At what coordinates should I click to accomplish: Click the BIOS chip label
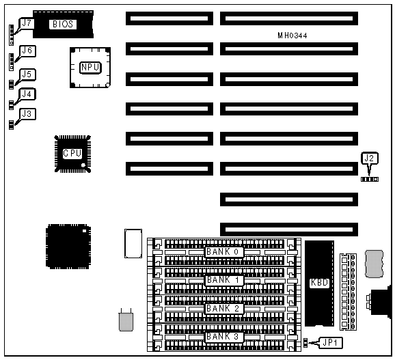coord(63,24)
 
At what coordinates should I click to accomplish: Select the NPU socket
coord(90,68)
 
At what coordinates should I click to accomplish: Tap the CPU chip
coord(72,154)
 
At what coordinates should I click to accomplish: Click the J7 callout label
coord(27,23)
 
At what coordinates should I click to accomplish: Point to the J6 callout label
coord(27,51)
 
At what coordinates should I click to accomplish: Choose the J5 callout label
coord(27,74)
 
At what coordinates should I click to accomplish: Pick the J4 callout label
coord(27,94)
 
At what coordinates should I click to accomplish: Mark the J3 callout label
coord(27,114)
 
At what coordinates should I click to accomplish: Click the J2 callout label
coord(369,158)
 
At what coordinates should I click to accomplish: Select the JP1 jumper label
coord(330,343)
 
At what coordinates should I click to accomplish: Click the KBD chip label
coord(319,282)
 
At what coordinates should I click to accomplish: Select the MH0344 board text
coord(292,36)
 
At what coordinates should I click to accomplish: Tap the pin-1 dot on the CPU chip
coord(83,165)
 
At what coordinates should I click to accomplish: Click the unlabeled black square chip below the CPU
coord(68,247)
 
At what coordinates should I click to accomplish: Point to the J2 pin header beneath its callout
coord(370,179)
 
